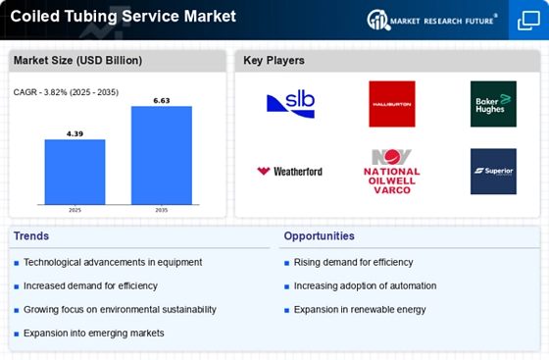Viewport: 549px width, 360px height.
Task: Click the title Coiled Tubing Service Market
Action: click(124, 17)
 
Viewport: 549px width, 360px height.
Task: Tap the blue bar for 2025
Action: click(75, 173)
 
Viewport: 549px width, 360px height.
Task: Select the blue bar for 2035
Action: click(161, 156)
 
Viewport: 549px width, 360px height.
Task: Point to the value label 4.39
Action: click(75, 132)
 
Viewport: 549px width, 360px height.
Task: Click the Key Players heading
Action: click(274, 61)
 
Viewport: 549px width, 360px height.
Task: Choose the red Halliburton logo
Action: click(391, 104)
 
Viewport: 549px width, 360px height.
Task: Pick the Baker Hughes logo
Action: click(493, 104)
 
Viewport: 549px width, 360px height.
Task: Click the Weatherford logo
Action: click(289, 172)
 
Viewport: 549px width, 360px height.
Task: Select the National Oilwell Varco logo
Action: click(391, 172)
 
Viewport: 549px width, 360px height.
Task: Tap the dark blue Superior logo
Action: click(493, 172)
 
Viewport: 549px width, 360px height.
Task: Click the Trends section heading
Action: click(31, 236)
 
